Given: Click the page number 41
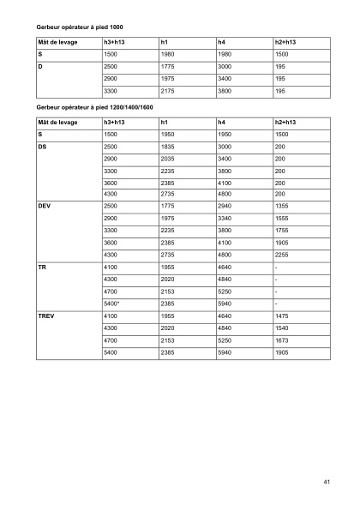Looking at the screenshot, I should [327, 482].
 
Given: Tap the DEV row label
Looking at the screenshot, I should [45, 207].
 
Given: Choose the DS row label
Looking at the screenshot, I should [43, 147].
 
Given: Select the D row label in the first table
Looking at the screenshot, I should [41, 65].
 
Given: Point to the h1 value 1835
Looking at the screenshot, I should [168, 147].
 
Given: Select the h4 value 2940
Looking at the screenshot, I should [225, 207].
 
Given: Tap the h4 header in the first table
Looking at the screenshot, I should [222, 41].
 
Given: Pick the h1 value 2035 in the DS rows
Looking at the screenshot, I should [168, 159].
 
